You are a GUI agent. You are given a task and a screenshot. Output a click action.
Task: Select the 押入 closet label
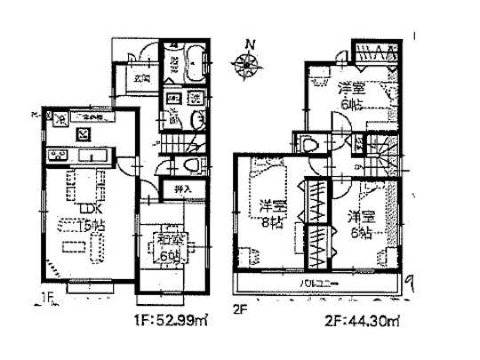[x=180, y=189]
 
